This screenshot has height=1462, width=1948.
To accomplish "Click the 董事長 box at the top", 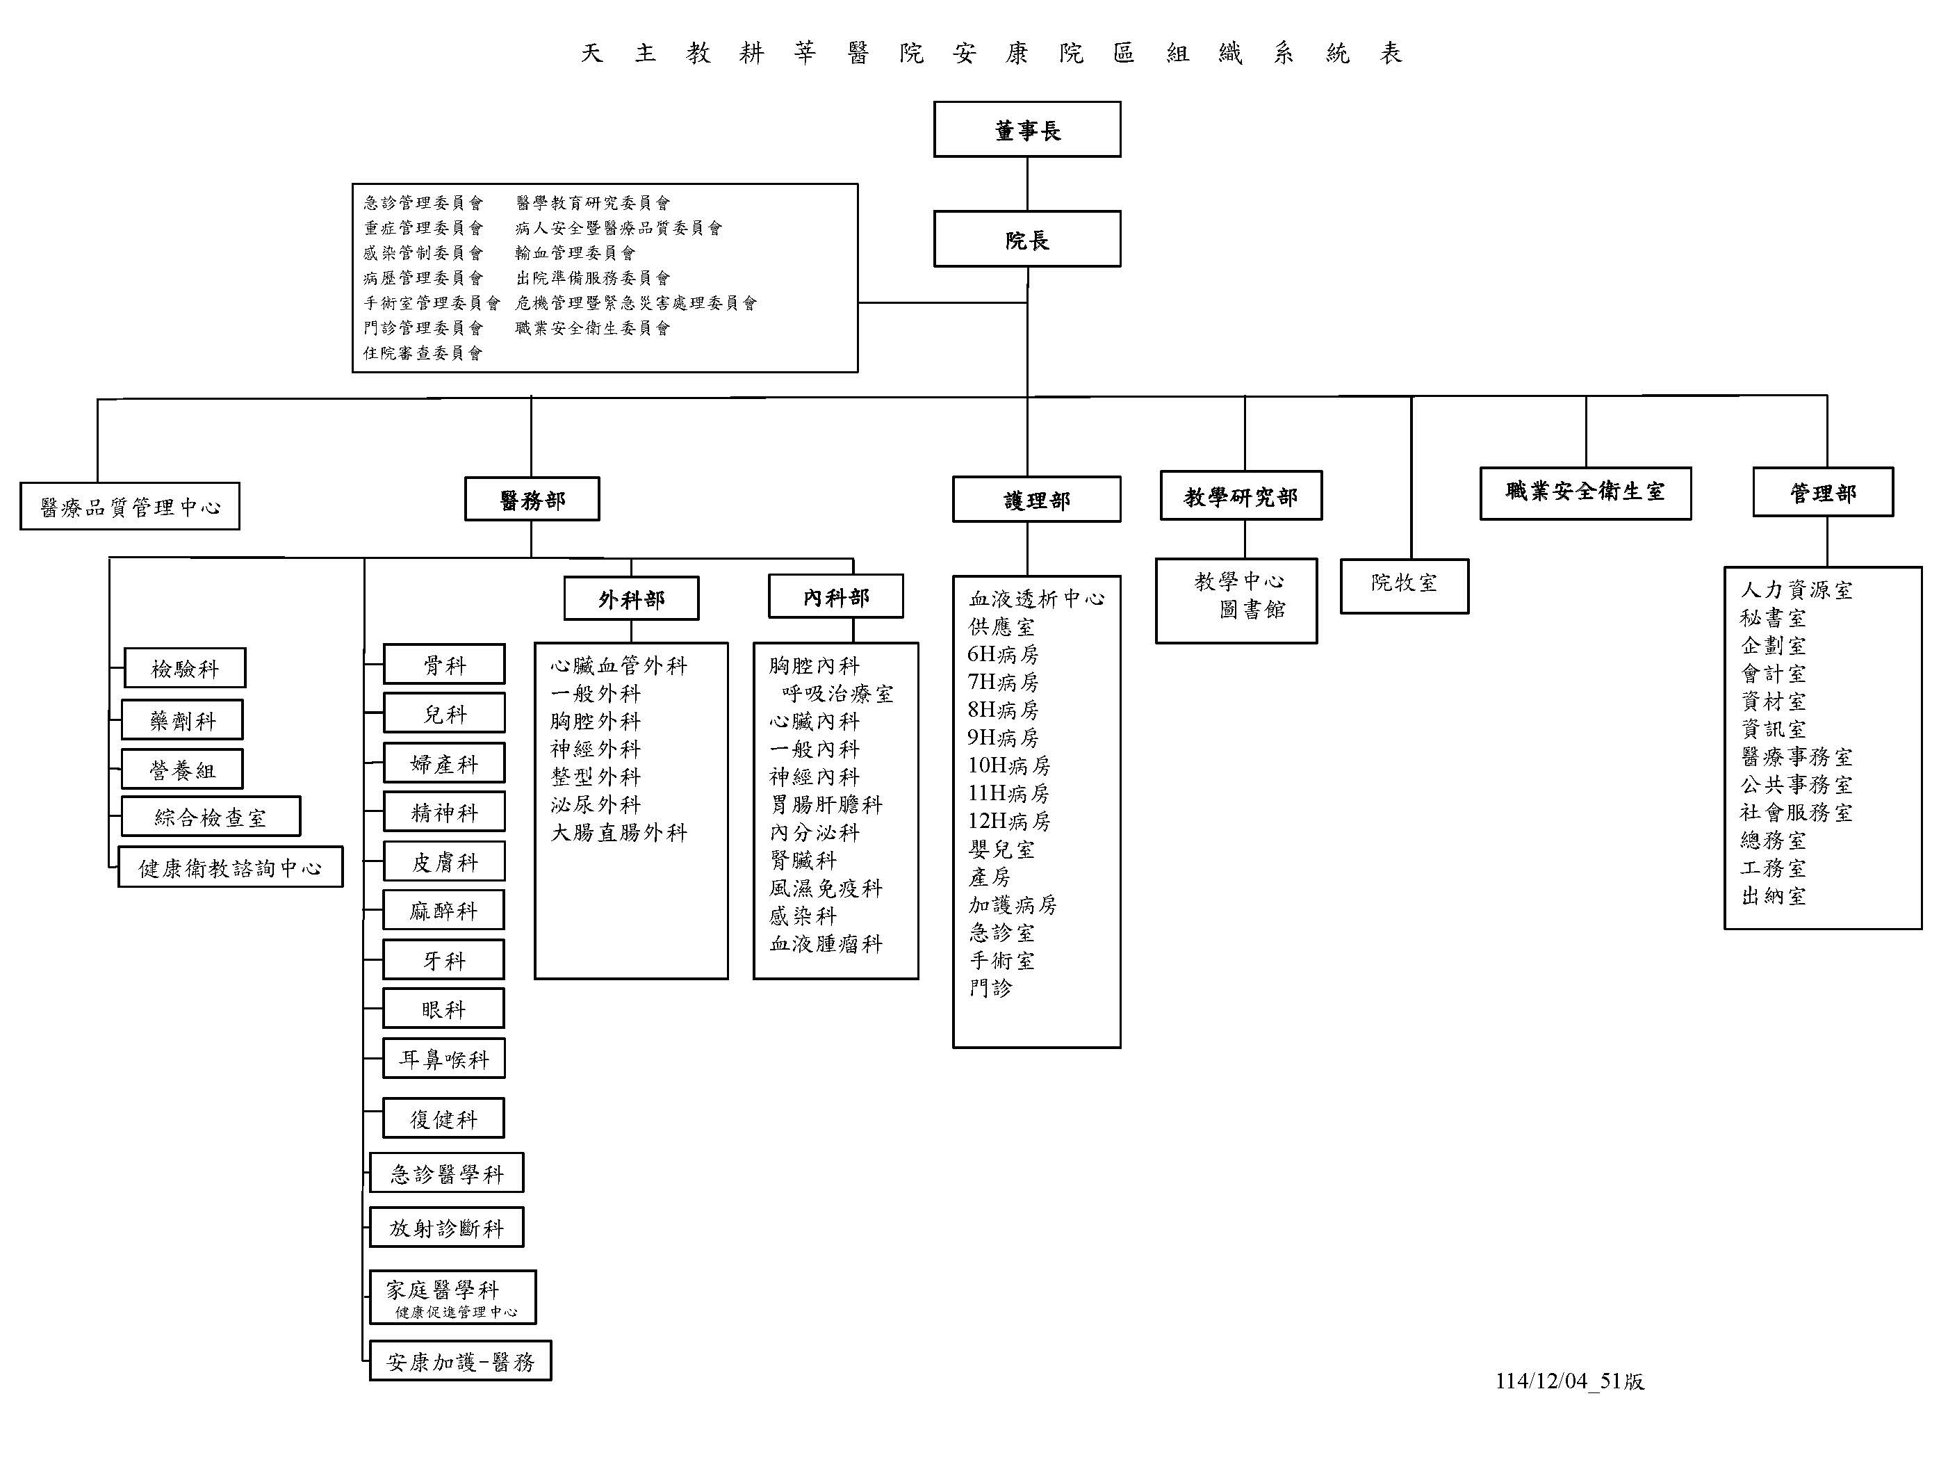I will [x=1027, y=129].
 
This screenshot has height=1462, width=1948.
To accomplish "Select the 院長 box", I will [x=1027, y=238].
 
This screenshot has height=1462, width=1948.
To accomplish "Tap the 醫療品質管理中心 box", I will [x=129, y=506].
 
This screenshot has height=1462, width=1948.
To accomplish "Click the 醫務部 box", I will [x=532, y=499].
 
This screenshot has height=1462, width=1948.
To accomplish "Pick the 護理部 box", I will [x=1036, y=499].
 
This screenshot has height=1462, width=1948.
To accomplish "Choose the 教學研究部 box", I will [x=1241, y=496].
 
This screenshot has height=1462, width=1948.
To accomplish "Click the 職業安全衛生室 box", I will [x=1585, y=493].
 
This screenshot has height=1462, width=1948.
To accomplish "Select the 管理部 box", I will [x=1823, y=492].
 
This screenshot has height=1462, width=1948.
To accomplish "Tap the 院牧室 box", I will [x=1405, y=585].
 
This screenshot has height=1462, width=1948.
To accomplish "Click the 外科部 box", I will [x=632, y=599].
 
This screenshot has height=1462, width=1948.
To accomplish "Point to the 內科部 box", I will [x=836, y=597].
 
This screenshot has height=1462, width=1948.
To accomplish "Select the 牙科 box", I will [x=444, y=960].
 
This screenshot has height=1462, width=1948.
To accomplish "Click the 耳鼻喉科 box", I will [x=444, y=1059].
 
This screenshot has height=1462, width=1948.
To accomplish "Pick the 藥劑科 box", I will [x=182, y=720].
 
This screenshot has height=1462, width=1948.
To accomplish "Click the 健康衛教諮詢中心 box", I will [x=230, y=868].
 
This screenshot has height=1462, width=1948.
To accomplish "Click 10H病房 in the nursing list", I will [x=1008, y=765].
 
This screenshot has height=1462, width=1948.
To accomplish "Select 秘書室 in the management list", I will [x=1773, y=617].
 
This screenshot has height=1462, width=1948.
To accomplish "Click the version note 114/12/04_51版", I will [x=1569, y=1381].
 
